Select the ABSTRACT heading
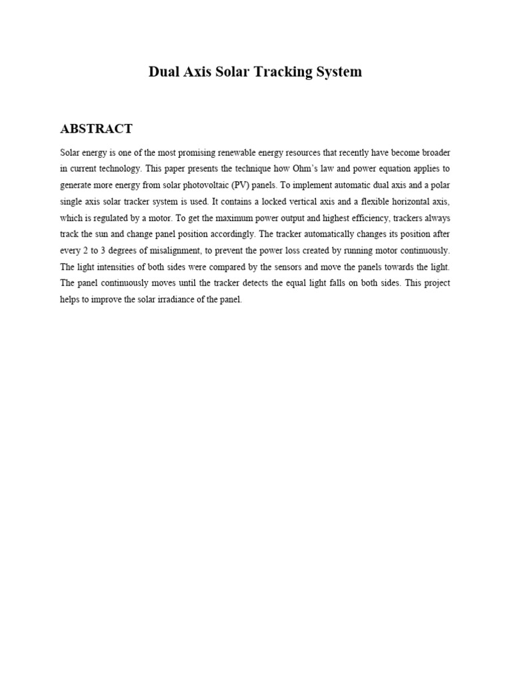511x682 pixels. coord(96,129)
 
